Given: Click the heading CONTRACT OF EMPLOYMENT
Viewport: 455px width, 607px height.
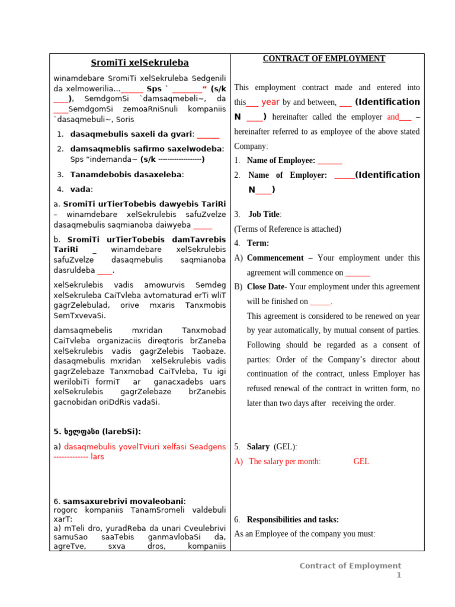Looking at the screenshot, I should click(323, 59).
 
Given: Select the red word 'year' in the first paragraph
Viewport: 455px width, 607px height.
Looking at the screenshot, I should click(270, 102).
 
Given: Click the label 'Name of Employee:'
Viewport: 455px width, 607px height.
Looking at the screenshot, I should click(281, 160).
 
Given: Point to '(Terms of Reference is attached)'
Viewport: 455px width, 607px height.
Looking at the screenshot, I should click(287, 229).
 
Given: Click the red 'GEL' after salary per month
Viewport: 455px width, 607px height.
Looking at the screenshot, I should click(361, 461).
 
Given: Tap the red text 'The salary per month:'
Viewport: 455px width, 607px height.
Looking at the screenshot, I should click(285, 461).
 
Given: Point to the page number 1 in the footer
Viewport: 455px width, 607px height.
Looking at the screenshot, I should click(399, 576).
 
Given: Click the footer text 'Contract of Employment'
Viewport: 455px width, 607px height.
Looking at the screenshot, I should click(350, 566).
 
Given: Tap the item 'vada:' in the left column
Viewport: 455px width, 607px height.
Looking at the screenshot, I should click(82, 189).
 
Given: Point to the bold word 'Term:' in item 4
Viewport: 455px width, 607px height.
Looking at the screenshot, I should click(258, 243).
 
